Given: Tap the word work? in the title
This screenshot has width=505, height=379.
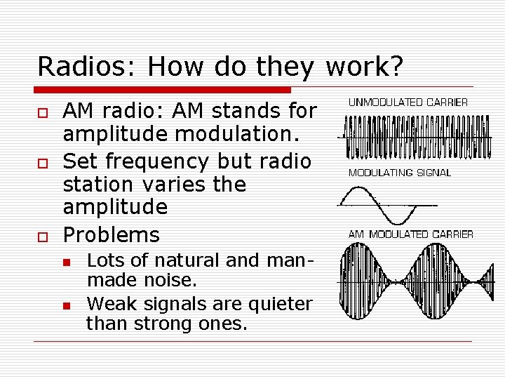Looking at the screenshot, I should (x=363, y=67).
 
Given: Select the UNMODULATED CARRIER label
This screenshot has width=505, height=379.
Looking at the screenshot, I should (x=408, y=102).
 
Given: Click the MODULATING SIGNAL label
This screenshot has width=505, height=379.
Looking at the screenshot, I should (x=400, y=173).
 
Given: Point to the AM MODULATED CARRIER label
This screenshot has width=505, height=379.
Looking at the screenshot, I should (x=410, y=234).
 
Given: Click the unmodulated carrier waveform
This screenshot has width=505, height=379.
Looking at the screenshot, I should (x=405, y=137).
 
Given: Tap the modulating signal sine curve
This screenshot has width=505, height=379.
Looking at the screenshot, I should (x=386, y=204).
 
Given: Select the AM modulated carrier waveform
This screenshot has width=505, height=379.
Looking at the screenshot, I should (x=405, y=281).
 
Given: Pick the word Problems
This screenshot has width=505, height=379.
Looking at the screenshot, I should (x=111, y=234).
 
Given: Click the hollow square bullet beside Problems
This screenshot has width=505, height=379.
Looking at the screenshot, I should (x=43, y=236).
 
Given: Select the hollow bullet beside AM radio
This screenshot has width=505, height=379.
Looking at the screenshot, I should (x=43, y=112).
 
